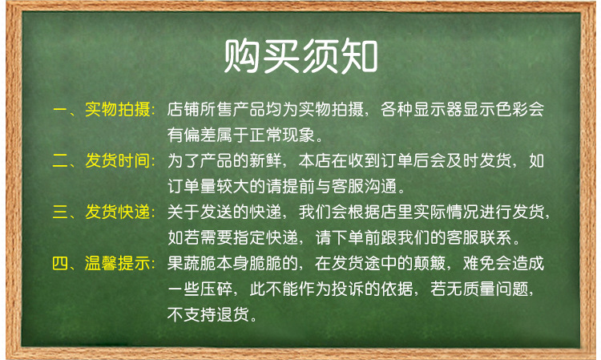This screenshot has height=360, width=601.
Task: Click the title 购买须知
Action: pos(300,56)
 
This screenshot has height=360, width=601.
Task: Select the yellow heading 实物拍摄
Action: pos(118,109)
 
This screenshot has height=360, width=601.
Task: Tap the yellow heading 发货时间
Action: pos(118,160)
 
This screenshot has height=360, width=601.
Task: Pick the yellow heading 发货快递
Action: pos(118,212)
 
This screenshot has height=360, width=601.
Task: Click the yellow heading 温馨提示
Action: pos(118,264)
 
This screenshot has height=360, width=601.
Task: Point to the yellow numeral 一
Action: pos(60,110)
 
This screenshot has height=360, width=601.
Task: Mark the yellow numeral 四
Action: pos(60,264)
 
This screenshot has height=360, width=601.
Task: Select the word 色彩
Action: pos(512,109)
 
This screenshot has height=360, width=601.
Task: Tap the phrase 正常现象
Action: pos(282,135)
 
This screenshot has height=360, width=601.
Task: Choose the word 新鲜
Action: pos(265,160)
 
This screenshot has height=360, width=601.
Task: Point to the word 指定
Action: pos(249,237)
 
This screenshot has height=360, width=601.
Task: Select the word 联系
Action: pos(495,237)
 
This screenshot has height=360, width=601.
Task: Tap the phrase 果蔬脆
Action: pos(192,264)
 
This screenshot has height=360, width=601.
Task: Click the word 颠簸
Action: pos(430,264)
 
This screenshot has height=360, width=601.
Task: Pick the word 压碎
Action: pos(216,289)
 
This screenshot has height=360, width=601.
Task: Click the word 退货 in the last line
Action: pos(232,314)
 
